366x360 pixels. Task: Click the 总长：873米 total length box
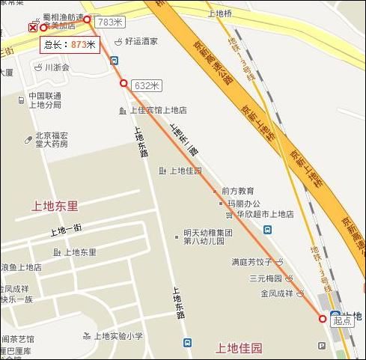click(70, 44)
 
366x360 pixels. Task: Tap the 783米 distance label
click(110, 22)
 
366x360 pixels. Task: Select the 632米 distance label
click(147, 85)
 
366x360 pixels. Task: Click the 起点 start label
click(342, 320)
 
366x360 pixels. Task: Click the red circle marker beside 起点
click(323, 319)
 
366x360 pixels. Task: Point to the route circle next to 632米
click(123, 83)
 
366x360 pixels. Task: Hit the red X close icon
click(32, 28)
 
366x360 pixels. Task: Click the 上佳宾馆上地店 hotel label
click(159, 110)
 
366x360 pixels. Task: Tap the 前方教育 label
click(237, 191)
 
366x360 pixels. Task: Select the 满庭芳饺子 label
click(255, 263)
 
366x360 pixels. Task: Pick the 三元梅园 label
click(265, 278)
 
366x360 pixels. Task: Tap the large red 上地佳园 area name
click(239, 348)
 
